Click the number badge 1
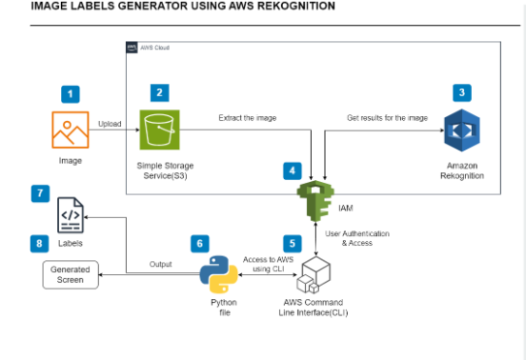coord(71,93)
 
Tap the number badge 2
coord(160,92)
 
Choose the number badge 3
coord(462,92)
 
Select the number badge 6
coord(198,243)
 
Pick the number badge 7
coord(39,193)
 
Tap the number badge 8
coord(39,243)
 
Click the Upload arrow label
coord(110,124)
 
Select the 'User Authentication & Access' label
coord(358,238)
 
